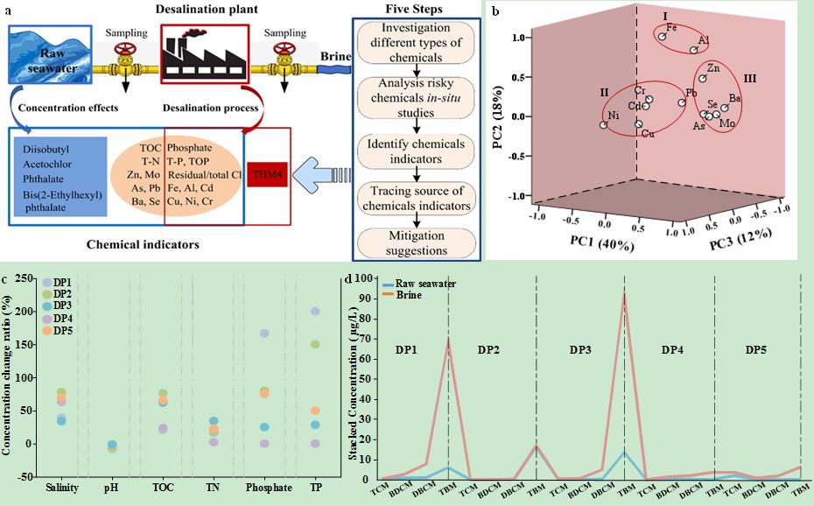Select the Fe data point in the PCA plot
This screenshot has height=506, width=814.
click(x=663, y=36)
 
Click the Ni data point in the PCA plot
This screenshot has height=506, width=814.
click(x=603, y=125)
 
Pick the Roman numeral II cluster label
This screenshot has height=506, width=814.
click(x=603, y=91)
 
